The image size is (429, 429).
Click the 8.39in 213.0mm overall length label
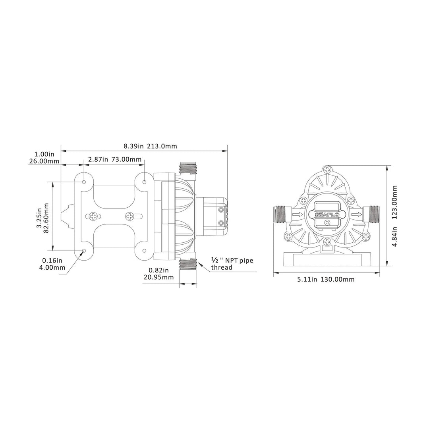click(x=150, y=146)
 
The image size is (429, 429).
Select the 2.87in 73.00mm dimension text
click(x=115, y=159)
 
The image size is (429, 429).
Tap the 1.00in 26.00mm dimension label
click(x=44, y=158)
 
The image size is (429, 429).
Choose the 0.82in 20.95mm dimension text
click(x=158, y=274)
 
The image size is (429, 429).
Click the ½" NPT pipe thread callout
click(x=232, y=264)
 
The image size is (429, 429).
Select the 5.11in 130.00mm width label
click(x=326, y=279)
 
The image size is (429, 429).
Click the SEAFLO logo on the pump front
click(x=327, y=214)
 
